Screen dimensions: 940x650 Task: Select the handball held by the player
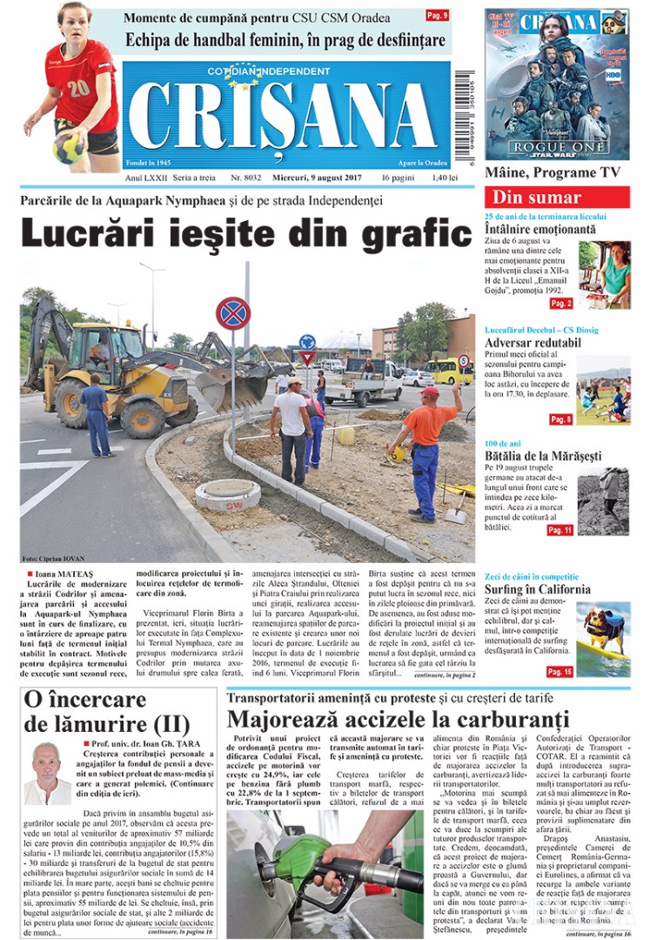69,148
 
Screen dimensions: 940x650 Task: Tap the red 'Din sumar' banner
556,197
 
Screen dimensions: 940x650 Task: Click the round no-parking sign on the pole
232,313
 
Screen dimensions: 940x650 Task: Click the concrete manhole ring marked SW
227,494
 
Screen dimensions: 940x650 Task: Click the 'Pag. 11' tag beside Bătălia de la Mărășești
560,530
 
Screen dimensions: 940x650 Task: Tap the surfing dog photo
603,638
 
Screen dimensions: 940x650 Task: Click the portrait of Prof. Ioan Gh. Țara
46,773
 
